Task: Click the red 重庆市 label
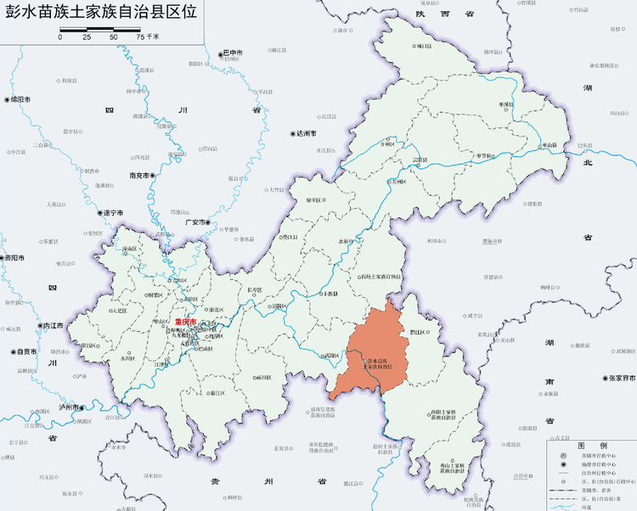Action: pos(184,323)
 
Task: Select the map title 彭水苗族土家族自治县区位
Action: pos(100,12)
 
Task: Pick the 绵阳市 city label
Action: pos(20,99)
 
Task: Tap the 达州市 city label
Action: pos(305,134)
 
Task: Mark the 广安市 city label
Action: pos(197,222)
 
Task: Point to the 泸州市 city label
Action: pos(79,407)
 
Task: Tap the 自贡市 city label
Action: pos(25,351)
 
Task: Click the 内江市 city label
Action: pos(53,325)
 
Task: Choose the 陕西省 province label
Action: pos(433,14)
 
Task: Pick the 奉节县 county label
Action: pos(484,156)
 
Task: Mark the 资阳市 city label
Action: pos(16,257)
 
